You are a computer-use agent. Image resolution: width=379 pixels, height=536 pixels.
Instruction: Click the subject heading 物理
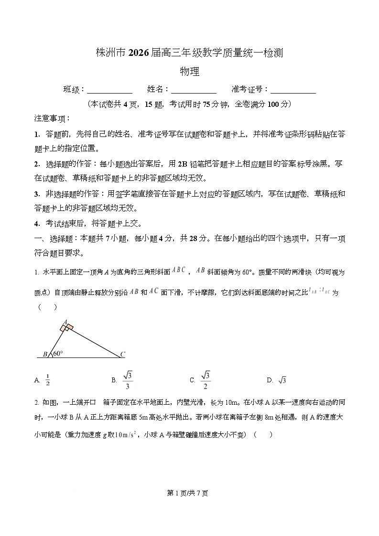click(x=189, y=72)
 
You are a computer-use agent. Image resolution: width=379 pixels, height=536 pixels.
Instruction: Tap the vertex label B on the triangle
click(x=45, y=354)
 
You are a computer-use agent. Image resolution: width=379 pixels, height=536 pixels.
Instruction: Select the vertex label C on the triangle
click(x=122, y=354)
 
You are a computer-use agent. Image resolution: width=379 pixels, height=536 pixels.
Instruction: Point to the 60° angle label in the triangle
click(x=58, y=354)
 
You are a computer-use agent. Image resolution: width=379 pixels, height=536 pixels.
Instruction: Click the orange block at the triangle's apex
click(x=67, y=327)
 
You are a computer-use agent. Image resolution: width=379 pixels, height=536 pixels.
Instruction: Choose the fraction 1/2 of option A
click(x=47, y=380)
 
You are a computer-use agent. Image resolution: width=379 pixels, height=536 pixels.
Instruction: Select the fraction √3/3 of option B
click(x=128, y=380)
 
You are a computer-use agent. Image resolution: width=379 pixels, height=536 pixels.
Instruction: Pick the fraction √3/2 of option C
click(x=206, y=380)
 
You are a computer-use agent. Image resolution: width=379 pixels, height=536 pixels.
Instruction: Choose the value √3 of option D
click(x=282, y=380)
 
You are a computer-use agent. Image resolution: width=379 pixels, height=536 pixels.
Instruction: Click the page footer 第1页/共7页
click(x=189, y=493)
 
